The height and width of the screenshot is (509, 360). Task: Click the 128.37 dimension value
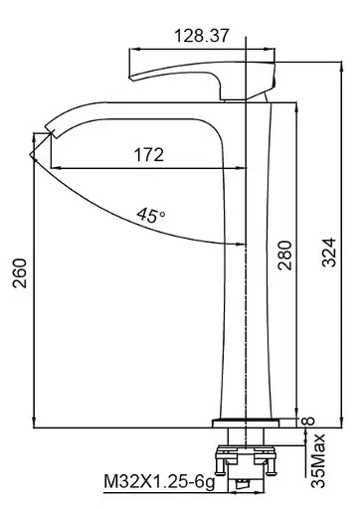(x=202, y=36)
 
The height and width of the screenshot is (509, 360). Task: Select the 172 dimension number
(x=149, y=155)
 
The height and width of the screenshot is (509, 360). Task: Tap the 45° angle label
(x=151, y=215)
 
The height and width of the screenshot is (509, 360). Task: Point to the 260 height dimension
(x=20, y=273)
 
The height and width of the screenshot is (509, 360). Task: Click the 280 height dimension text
(x=284, y=255)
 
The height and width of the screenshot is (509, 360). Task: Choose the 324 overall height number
(x=329, y=253)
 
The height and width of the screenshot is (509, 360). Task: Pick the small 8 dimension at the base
(x=308, y=421)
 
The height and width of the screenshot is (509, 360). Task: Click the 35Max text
(x=318, y=460)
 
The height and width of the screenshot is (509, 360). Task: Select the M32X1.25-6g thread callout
(x=159, y=482)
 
